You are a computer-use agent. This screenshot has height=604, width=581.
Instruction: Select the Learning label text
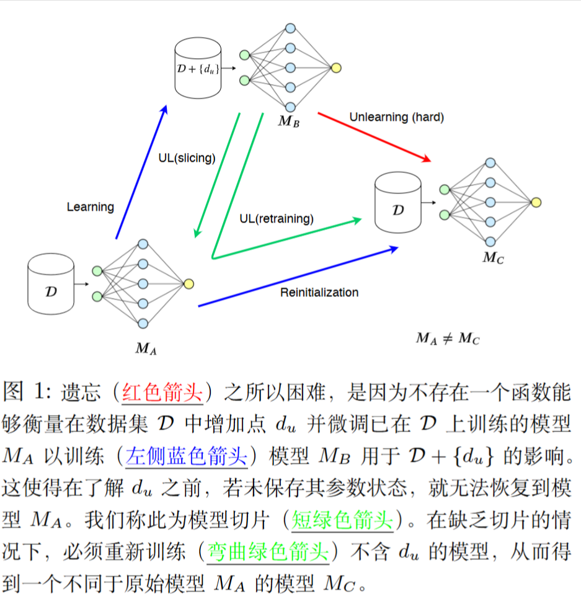[91, 207]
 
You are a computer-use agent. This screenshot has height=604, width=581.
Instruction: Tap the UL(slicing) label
[187, 158]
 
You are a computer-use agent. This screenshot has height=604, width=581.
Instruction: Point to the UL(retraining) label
[277, 218]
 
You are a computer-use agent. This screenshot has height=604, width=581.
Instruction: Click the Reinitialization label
[319, 292]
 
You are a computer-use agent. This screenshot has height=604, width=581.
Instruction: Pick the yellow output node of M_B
[335, 68]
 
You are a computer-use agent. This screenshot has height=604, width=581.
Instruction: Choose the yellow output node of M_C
[536, 202]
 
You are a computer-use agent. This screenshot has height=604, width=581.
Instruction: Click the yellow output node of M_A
[189, 283]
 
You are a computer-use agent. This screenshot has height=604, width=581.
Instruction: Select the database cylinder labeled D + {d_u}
[198, 68]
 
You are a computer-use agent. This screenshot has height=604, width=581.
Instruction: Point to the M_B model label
[289, 121]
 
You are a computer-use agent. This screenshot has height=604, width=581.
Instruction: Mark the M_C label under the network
[493, 257]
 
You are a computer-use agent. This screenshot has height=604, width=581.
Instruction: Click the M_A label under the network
[146, 348]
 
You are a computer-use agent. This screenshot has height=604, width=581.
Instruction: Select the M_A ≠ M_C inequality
[448, 339]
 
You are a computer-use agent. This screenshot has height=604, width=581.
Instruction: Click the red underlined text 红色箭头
[163, 393]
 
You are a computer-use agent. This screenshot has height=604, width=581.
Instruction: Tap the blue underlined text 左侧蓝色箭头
[187, 457]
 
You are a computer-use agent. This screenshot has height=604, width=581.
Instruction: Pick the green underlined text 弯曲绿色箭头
[267, 551]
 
